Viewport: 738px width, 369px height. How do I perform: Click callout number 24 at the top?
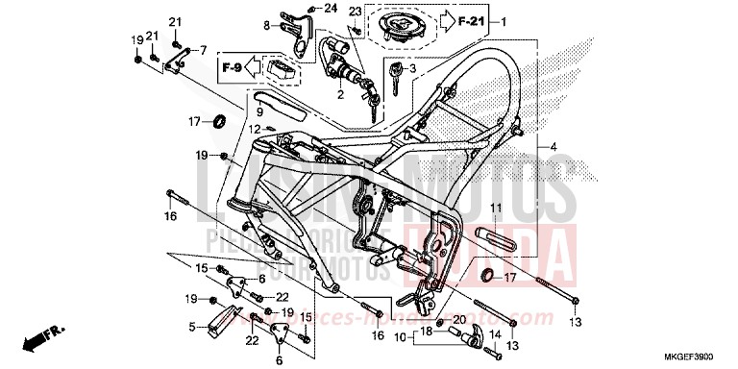point(332,9)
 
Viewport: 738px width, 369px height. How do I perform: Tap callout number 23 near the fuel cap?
point(354,12)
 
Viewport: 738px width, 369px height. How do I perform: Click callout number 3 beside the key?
point(411,68)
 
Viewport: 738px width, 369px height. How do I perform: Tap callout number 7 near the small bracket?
point(203,49)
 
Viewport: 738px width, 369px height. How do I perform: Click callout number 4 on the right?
point(553,146)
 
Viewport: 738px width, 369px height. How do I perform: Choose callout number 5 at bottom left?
point(192,327)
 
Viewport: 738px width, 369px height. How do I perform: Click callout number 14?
point(496,335)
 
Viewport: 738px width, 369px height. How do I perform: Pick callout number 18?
point(421,330)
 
